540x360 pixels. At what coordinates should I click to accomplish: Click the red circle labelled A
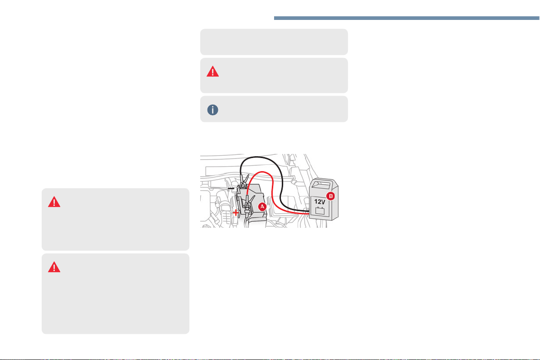click(262, 206)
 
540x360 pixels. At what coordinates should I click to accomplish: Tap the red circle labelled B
click(330, 196)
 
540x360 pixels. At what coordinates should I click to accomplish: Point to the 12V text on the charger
click(319, 202)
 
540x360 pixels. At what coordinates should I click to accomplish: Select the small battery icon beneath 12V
click(320, 210)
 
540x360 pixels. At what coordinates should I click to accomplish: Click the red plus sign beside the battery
click(235, 213)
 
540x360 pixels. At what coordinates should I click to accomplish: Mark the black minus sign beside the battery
click(231, 189)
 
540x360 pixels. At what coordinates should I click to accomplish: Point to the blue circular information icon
click(212, 110)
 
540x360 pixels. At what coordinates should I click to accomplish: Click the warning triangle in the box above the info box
click(212, 72)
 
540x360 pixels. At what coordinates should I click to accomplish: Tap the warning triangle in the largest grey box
click(54, 267)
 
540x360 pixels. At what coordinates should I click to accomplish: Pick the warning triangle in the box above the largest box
click(54, 202)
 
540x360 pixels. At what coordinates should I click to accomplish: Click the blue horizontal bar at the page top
click(407, 18)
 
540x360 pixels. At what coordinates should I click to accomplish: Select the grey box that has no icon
click(274, 42)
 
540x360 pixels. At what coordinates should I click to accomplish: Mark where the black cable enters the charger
click(309, 211)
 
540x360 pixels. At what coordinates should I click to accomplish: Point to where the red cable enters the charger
click(309, 215)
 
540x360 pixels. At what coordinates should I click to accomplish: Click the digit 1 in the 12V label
click(315, 202)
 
